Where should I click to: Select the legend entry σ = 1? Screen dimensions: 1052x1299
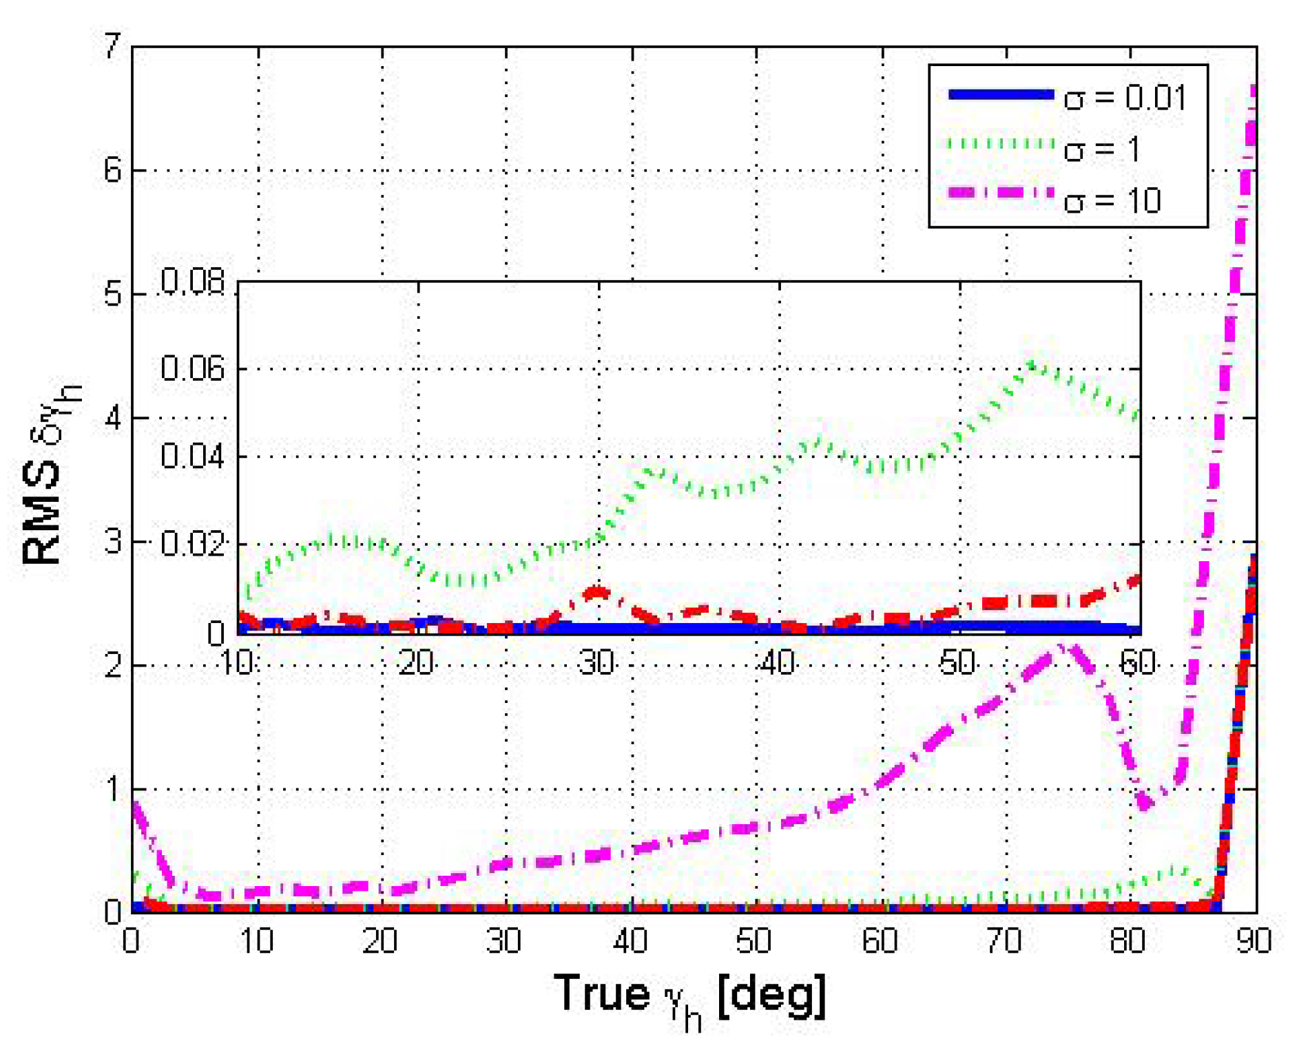(1101, 149)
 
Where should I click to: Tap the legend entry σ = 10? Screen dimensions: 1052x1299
(1112, 200)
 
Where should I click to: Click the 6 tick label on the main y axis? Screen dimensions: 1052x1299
(112, 170)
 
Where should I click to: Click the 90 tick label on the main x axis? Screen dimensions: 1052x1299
(1253, 940)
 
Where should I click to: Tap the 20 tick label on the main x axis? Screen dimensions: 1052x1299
(380, 940)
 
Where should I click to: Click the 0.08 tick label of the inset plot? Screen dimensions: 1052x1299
(192, 282)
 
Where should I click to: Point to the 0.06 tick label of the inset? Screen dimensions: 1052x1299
(192, 368)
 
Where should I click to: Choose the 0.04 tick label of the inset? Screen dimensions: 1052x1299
(192, 456)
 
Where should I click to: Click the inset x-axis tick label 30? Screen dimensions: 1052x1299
(596, 663)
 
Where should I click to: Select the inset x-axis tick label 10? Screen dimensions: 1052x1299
(236, 663)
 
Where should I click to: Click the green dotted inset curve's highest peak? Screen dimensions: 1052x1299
(1031, 363)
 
